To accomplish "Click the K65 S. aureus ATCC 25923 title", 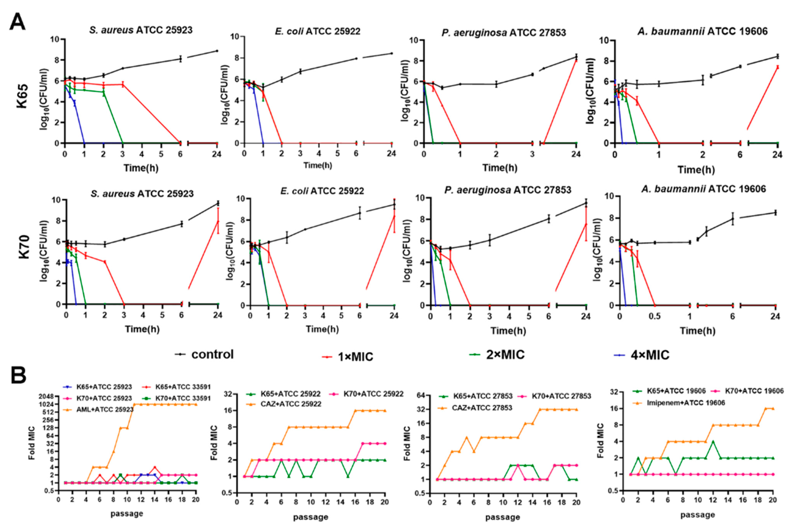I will click(141, 30).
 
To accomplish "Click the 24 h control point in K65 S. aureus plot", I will click(217, 51).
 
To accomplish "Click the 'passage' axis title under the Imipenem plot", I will click(697, 515).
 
